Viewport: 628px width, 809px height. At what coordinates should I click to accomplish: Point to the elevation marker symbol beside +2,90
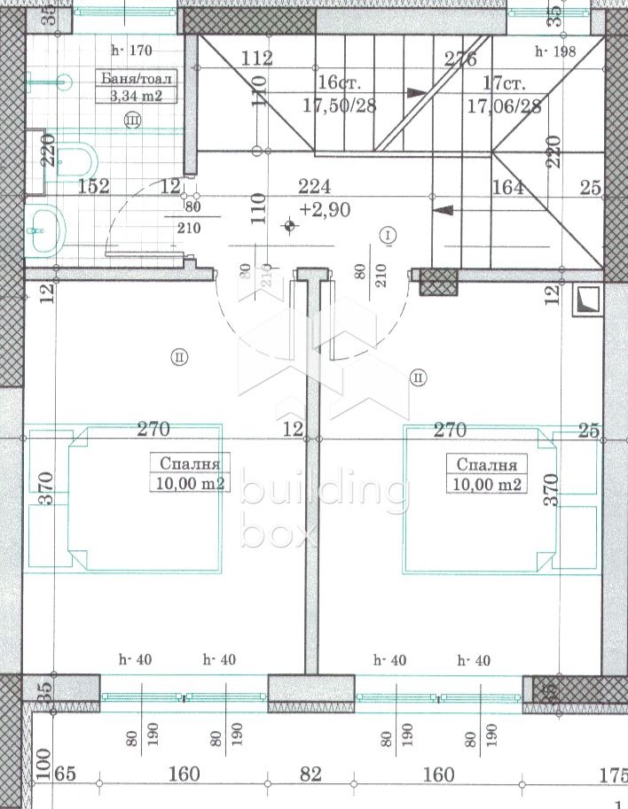290,226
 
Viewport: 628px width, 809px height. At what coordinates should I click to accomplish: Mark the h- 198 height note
555,51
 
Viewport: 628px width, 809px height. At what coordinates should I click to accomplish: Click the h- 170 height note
131,51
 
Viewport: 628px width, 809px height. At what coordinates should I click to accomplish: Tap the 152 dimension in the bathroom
93,186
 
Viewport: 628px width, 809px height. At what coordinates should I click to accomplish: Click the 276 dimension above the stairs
460,59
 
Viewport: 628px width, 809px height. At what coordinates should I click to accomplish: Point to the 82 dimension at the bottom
310,774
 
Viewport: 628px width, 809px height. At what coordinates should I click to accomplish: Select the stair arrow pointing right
415,91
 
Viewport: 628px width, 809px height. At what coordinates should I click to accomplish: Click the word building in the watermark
325,493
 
